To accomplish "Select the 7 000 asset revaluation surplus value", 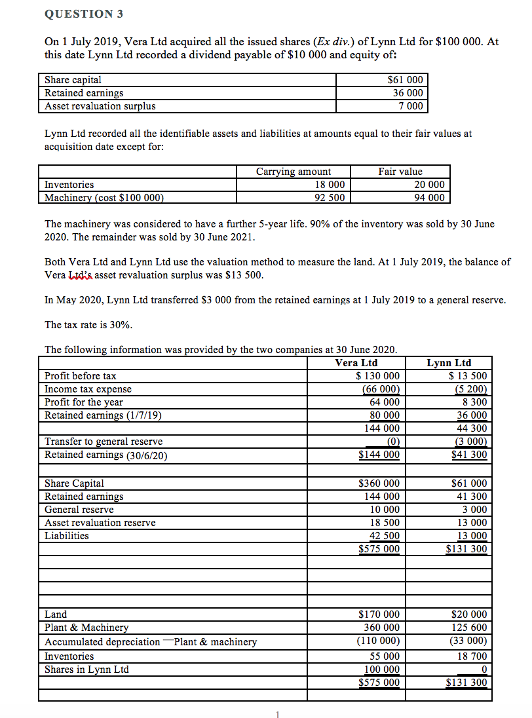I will coord(411,105).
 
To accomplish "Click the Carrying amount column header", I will coord(293,172).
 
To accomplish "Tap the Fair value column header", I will coord(400,172).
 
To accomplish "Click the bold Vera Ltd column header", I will coord(356,363).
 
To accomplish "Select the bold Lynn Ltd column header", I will coord(449,363).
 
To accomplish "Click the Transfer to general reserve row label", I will coord(104,442).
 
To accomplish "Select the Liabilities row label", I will coord(66,536).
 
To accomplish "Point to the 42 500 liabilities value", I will coord(385,536).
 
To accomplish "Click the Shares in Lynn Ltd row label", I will coord(86,670).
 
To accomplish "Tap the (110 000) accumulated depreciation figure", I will coord(378,642).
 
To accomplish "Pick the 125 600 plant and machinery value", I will coord(470,628).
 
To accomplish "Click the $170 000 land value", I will coord(379,614).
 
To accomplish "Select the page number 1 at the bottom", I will coord(278,713).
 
